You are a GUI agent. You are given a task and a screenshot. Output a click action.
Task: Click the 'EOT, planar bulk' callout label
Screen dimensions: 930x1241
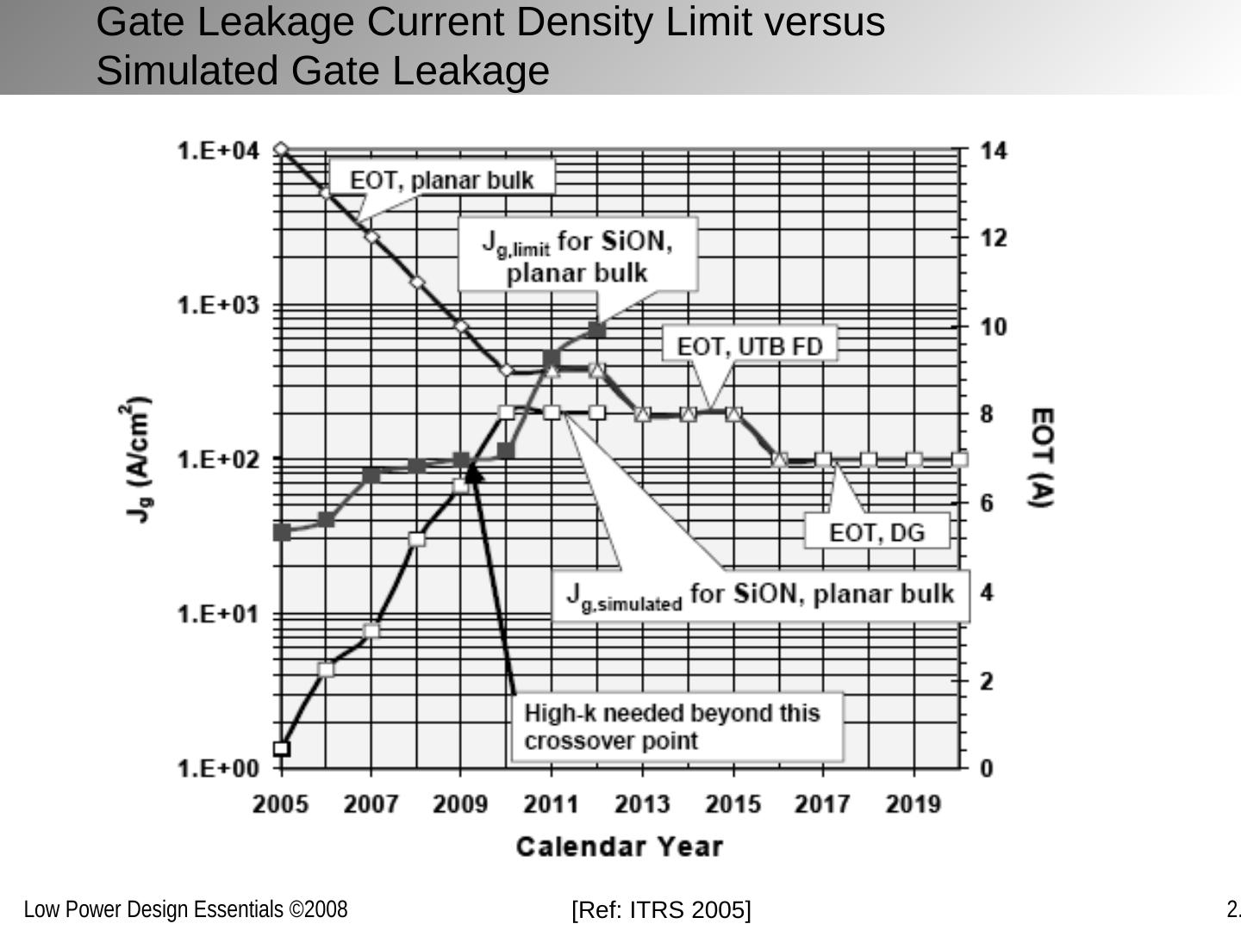point(441,180)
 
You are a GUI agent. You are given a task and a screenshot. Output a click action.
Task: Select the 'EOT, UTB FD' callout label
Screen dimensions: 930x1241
point(750,346)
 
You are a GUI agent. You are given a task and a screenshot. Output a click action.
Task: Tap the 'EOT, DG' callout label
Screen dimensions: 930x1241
point(876,532)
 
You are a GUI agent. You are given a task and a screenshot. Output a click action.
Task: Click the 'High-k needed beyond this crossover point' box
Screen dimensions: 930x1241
point(672,727)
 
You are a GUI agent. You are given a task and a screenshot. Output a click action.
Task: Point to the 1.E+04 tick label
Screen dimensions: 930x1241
point(218,152)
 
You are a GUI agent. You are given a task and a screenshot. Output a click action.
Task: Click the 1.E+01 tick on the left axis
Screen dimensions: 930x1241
point(218,614)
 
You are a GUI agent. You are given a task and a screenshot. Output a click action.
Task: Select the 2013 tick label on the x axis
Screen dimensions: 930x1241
point(642,804)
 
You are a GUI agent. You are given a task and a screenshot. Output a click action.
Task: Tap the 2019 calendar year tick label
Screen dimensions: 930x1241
point(914,804)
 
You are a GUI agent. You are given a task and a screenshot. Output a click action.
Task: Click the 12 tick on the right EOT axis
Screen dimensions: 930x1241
point(994,238)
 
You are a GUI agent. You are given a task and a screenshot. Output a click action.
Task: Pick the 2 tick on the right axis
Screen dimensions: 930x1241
point(988,681)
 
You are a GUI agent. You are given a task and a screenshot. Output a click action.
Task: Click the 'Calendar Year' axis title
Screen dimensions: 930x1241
point(619,846)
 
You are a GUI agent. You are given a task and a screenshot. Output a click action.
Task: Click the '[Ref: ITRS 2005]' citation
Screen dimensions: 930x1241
point(661,909)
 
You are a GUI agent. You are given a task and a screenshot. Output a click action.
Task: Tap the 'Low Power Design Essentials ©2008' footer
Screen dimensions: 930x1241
point(185,909)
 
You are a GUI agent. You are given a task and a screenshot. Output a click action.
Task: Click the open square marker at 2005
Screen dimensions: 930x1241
point(281,748)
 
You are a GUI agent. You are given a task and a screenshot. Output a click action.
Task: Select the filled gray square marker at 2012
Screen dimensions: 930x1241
point(597,330)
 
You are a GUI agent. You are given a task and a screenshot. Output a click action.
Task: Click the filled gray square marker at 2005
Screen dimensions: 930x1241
point(281,532)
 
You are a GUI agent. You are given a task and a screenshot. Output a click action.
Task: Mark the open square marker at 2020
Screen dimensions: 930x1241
point(959,459)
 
